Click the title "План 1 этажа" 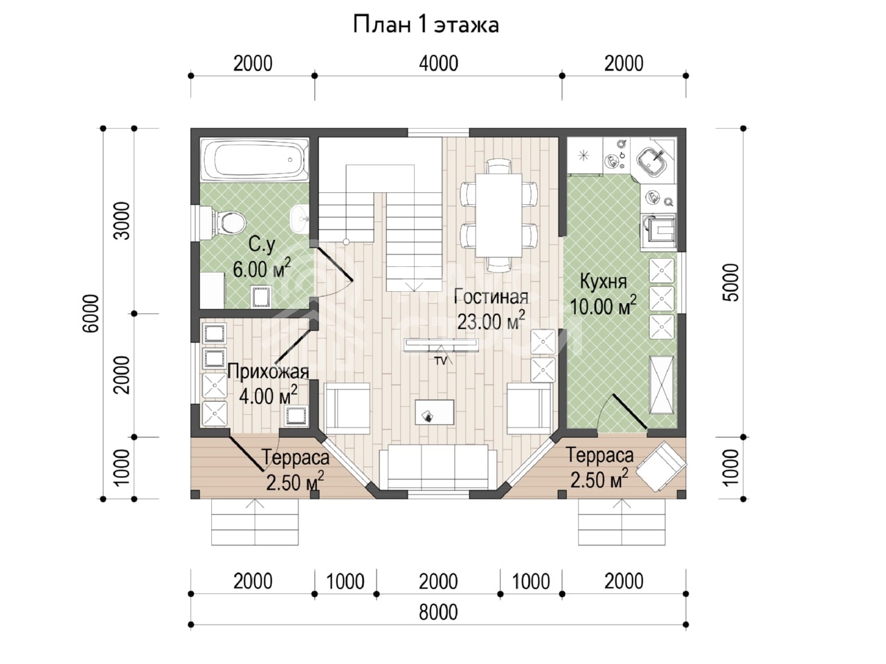pyautogui.click(x=426, y=25)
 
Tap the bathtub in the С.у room pyautogui.click(x=255, y=160)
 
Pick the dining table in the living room pyautogui.click(x=498, y=215)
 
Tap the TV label pyautogui.click(x=440, y=361)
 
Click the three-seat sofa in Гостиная pyautogui.click(x=438, y=467)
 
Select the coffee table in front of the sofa pyautogui.click(x=435, y=412)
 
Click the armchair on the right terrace pyautogui.click(x=662, y=466)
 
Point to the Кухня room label pyautogui.click(x=604, y=282)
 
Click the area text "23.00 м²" pyautogui.click(x=491, y=320)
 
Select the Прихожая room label pyautogui.click(x=268, y=372)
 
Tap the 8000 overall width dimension pyautogui.click(x=438, y=612)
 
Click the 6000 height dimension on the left pyautogui.click(x=91, y=313)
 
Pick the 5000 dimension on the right pyautogui.click(x=732, y=283)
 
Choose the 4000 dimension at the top pyautogui.click(x=438, y=64)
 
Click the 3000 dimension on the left pyautogui.click(x=122, y=221)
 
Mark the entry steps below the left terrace pyautogui.click(x=255, y=522)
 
